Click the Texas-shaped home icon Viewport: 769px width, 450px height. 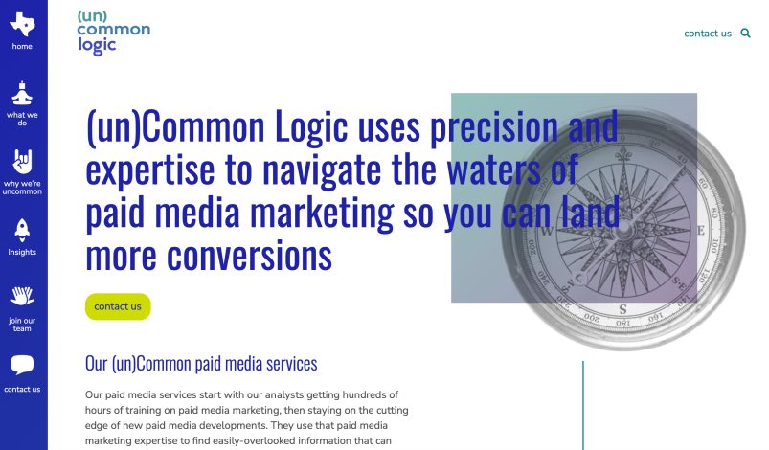coord(22,25)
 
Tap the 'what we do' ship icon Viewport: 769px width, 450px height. coord(22,94)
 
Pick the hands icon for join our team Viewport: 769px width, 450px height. coord(22,297)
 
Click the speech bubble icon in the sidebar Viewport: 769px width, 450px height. coord(22,365)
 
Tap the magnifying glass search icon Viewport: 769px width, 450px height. coord(746,34)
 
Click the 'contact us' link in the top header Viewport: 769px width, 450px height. coord(707,34)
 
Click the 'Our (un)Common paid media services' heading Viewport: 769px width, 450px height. coord(201,364)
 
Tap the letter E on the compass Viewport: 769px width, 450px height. coord(700,231)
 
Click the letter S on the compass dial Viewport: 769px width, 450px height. coord(622,308)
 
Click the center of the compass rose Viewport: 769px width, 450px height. coord(623,231)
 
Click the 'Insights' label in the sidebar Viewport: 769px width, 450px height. coord(22,253)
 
